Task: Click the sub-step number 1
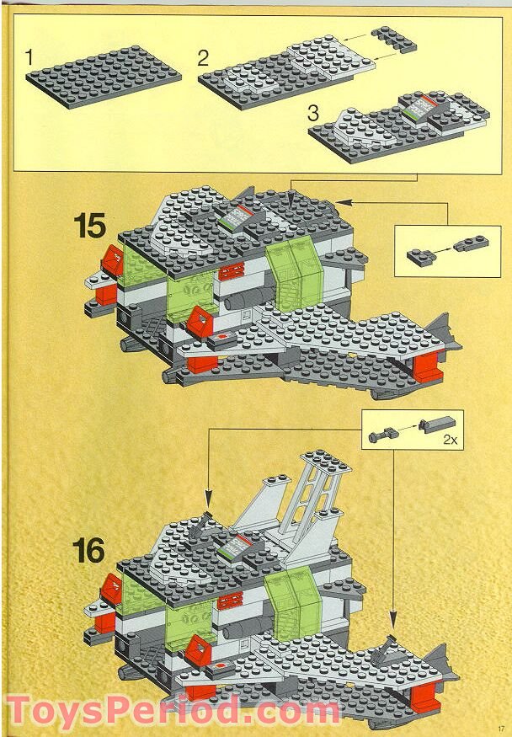click(30, 58)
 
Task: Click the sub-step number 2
click(203, 58)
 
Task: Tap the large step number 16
click(88, 552)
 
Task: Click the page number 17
click(500, 729)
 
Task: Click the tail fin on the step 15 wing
click(441, 331)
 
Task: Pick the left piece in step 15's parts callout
click(419, 254)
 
